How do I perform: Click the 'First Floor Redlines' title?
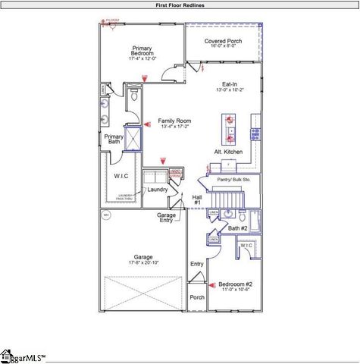[180, 5]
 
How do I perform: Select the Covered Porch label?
[223, 42]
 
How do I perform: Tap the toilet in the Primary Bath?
[133, 96]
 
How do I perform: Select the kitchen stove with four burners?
[255, 133]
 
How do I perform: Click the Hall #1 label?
[197, 199]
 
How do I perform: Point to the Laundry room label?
[158, 189]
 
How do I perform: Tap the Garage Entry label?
[166, 218]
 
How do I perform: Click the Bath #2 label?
[238, 227]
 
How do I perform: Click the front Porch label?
[197, 297]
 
